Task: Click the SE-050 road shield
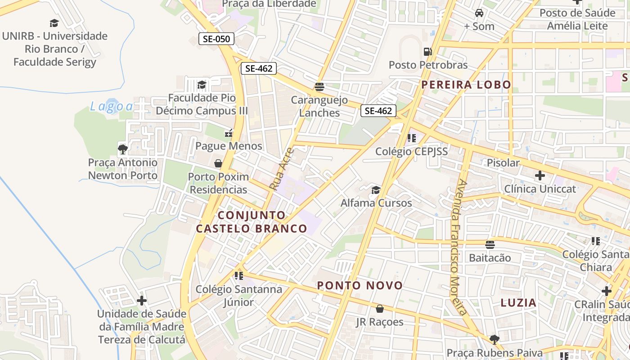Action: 216,39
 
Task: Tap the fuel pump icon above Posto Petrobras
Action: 427,52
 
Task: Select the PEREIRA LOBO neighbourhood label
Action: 466,85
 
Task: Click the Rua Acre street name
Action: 281,169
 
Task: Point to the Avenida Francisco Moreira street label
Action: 459,247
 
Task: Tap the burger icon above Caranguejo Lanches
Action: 319,86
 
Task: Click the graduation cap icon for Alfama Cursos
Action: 376,190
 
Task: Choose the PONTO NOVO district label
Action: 360,285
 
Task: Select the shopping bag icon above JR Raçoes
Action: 380,309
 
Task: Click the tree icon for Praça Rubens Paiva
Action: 494,339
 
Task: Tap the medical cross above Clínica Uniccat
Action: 540,175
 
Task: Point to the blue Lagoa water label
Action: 111,107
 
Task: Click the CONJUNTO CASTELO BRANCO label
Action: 252,222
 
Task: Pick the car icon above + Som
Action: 479,13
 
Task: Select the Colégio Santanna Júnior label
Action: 239,295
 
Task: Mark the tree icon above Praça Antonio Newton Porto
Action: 122,148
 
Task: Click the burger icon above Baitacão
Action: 490,244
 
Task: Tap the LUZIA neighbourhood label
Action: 518,303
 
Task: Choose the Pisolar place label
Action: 503,163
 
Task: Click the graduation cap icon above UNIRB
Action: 54,23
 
